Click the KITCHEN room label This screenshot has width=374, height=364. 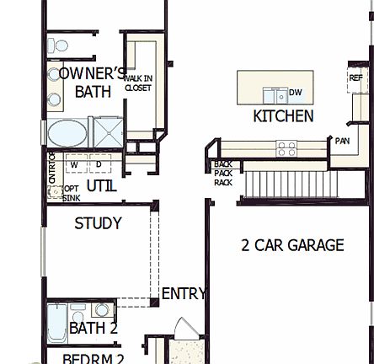(283, 116)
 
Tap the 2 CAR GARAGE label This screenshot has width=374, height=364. (292, 245)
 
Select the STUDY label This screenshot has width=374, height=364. (98, 223)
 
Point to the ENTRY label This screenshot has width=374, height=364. (183, 293)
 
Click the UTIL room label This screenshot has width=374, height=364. (101, 185)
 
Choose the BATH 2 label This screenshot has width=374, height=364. (93, 328)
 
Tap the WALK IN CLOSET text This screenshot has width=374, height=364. (138, 83)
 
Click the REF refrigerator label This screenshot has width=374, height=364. (356, 78)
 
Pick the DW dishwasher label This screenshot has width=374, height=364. (295, 93)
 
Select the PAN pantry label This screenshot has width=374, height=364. (342, 142)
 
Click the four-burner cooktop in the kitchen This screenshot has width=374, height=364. (286, 148)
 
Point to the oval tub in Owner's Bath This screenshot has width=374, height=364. (67, 133)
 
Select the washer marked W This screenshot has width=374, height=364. (74, 164)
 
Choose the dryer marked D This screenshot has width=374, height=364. (98, 164)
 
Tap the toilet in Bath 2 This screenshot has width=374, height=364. (102, 309)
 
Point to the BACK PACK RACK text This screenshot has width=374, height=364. (222, 173)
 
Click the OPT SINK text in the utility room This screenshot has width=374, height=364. (71, 193)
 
